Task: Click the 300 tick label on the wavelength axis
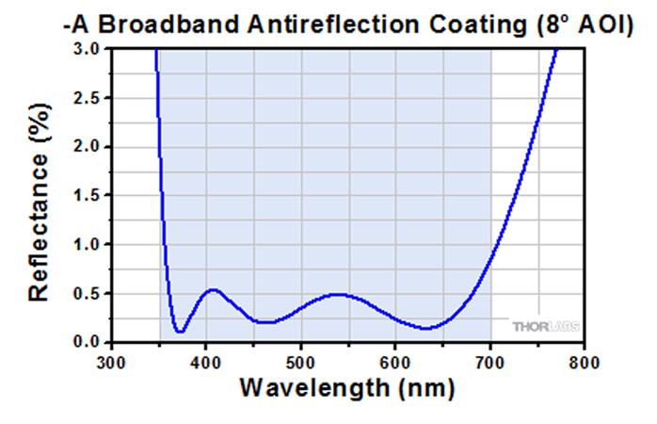pos(112,361)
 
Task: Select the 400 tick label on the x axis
pos(206,361)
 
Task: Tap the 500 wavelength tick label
pos(300,361)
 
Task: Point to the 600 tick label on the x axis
pos(395,361)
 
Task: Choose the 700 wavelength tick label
pos(490,361)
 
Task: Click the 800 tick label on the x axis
pos(585,361)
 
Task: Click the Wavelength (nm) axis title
pos(347,387)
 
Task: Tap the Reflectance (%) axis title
pos(40,216)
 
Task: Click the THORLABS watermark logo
pos(545,327)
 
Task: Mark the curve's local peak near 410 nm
pos(213,289)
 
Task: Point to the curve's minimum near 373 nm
pos(179,332)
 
